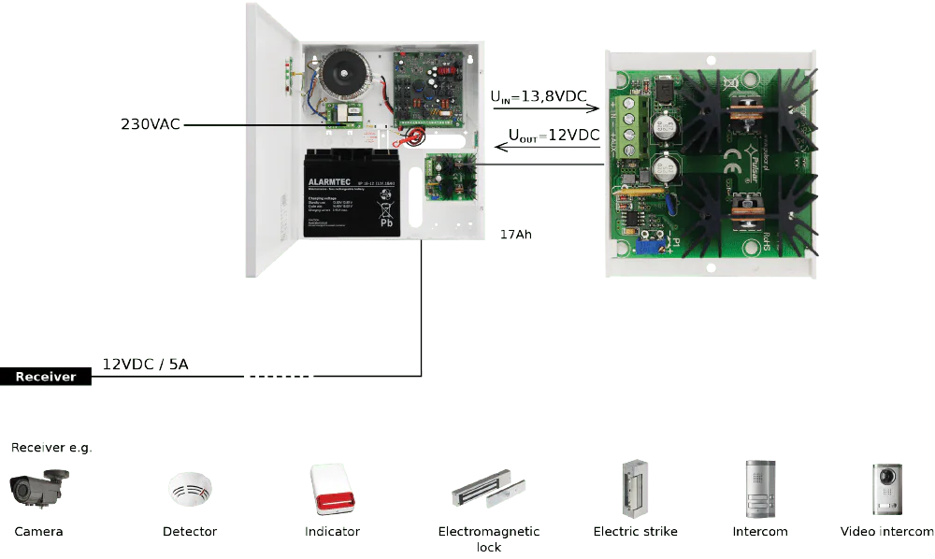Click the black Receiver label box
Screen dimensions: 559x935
point(47,377)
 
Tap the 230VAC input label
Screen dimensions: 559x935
point(150,123)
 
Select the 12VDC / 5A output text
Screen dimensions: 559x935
point(145,365)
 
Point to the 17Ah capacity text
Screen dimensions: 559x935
point(515,235)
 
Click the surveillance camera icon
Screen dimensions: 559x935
point(38,487)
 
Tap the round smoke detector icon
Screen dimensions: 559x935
point(190,489)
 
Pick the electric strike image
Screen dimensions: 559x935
point(635,487)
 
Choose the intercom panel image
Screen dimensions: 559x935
point(759,488)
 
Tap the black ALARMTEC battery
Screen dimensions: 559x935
point(353,194)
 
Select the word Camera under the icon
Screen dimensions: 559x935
point(39,532)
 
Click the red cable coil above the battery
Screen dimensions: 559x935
point(411,138)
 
